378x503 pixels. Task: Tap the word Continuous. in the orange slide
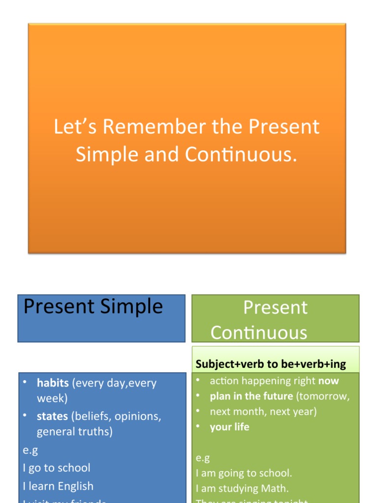(241, 155)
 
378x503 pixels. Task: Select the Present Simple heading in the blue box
(93, 307)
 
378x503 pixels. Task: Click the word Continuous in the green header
(259, 333)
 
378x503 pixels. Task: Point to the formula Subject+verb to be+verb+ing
(271, 364)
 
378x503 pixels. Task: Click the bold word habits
(53, 383)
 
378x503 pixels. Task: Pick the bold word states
(52, 416)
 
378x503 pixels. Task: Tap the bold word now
(329, 381)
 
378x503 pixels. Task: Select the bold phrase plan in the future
(251, 396)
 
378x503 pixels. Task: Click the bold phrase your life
(229, 427)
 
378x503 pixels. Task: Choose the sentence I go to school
(57, 468)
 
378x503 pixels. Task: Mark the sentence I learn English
(58, 486)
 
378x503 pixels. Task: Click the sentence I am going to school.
(244, 473)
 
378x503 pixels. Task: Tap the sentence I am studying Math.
(242, 488)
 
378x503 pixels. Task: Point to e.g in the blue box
(30, 450)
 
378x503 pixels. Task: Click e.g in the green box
(203, 458)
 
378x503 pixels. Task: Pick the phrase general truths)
(75, 432)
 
